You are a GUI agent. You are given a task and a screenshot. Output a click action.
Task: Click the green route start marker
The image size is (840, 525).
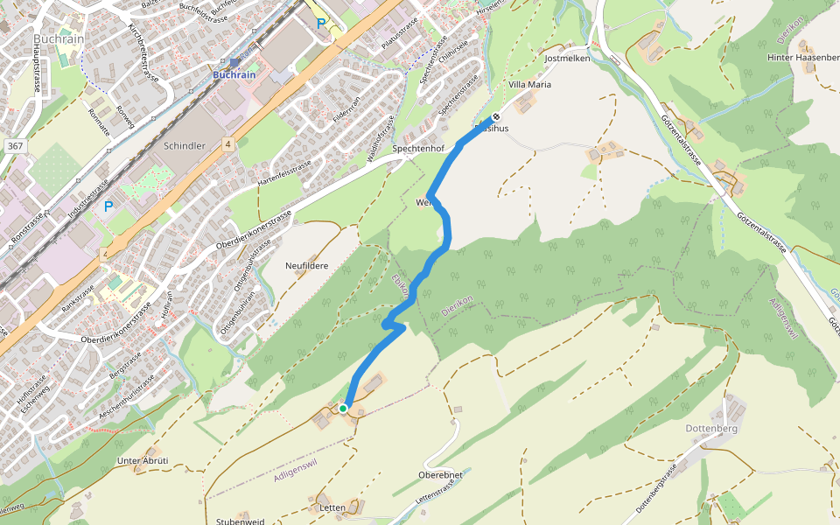coord(343,409)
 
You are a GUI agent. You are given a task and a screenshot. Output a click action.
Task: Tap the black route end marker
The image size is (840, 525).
coord(496,117)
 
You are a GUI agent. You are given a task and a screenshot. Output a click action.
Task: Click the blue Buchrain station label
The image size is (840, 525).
coord(234,75)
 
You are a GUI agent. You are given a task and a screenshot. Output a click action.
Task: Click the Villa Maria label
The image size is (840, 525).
coord(530,85)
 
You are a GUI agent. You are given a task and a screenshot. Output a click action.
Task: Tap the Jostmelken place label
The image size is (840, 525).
coord(567,58)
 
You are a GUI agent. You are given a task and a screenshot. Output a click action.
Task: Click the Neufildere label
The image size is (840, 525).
coord(306,264)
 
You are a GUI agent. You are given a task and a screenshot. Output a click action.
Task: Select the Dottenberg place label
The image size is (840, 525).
coord(712,429)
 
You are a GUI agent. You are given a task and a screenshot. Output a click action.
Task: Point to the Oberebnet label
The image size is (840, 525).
coord(440,474)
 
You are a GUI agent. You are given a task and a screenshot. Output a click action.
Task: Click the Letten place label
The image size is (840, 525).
coord(332,507)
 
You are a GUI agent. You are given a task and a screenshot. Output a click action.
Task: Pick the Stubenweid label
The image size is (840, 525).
coord(241,521)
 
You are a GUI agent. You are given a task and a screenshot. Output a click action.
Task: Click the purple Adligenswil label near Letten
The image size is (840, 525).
coord(295,470)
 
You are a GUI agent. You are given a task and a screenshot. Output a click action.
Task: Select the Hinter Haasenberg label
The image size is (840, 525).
coord(802,58)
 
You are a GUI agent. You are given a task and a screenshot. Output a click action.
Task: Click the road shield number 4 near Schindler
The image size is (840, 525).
coord(227,143)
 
